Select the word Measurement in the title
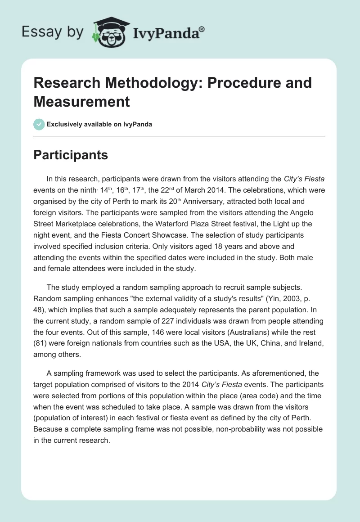pos(81,101)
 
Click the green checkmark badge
pos(39,125)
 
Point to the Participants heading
pos(70,155)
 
